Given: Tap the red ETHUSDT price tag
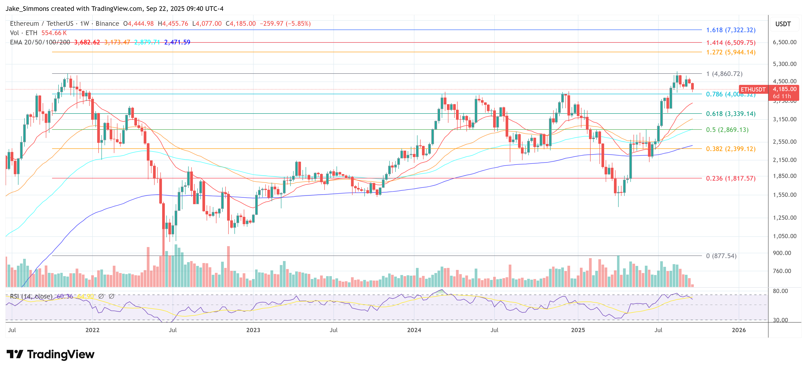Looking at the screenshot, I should point(753,90).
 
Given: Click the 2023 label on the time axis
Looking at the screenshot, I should point(253,330).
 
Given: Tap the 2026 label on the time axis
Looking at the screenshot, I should point(738,330).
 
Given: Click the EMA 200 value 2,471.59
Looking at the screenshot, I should point(177,42).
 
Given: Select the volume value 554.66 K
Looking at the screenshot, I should point(54,33).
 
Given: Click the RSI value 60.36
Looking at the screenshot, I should point(65,296).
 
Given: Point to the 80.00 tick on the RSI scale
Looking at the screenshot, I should point(780,291).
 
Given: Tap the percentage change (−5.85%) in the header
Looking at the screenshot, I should point(298,24).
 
